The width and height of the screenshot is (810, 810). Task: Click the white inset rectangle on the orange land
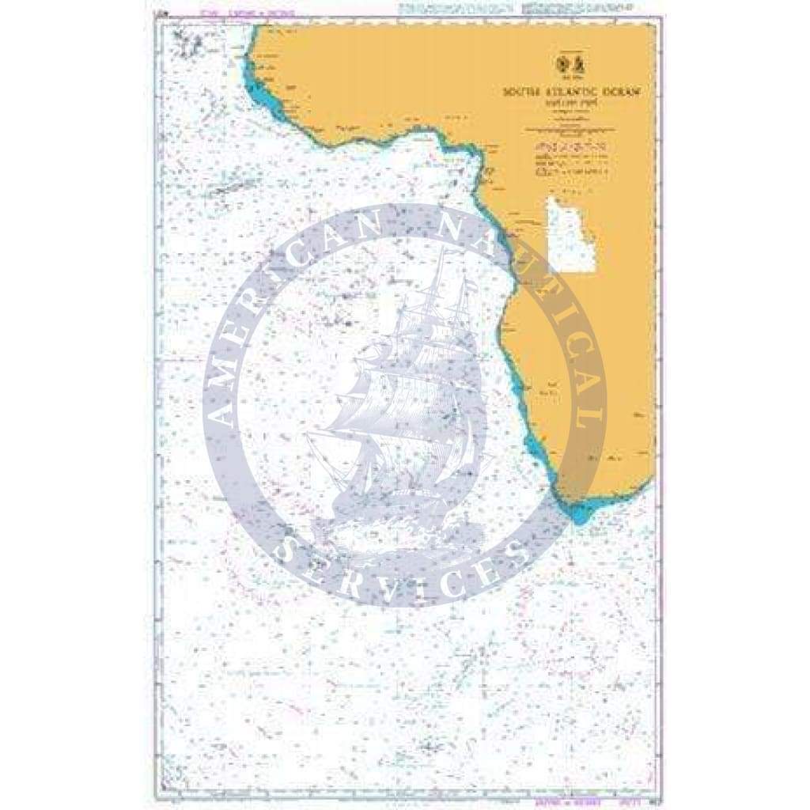pyautogui.click(x=570, y=236)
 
